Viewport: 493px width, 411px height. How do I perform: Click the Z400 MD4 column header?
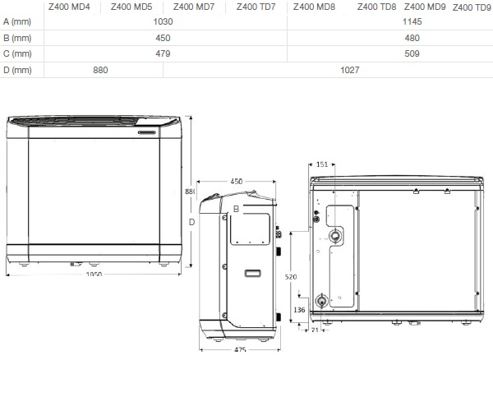click(69, 7)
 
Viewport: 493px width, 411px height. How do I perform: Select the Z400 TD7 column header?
click(256, 7)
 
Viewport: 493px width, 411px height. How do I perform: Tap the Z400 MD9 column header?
click(425, 7)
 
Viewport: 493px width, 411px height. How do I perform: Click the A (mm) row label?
click(17, 21)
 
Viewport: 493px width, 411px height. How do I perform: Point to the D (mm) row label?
click(17, 70)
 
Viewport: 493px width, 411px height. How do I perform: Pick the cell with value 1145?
click(412, 21)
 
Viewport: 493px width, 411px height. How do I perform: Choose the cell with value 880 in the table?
click(100, 70)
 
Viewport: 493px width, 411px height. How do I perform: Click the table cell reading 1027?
click(350, 70)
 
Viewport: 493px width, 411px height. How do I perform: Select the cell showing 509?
click(412, 53)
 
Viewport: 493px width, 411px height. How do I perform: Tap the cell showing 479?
click(163, 53)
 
